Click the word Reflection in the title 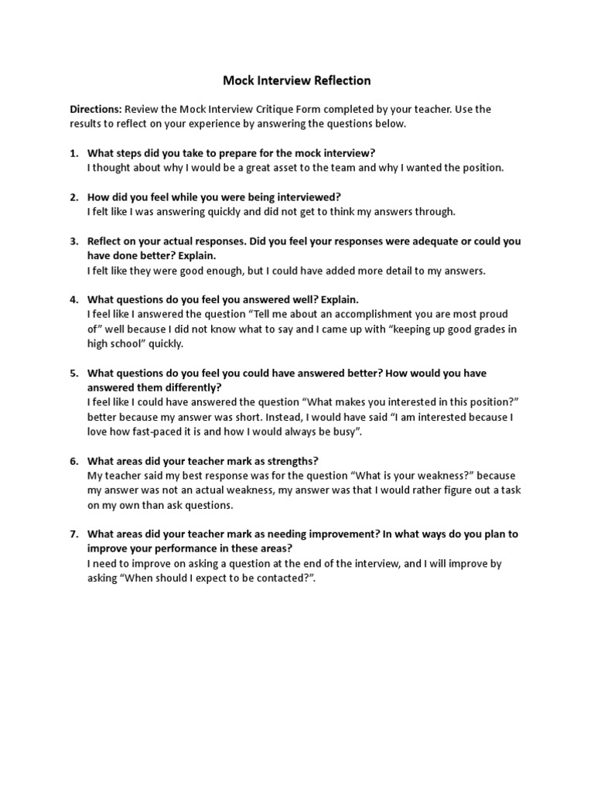click(x=340, y=80)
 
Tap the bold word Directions click(x=95, y=109)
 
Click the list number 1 click(x=74, y=153)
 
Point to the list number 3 click(x=74, y=241)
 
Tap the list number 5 click(x=74, y=373)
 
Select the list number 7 click(x=74, y=534)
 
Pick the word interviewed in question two click(x=309, y=197)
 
